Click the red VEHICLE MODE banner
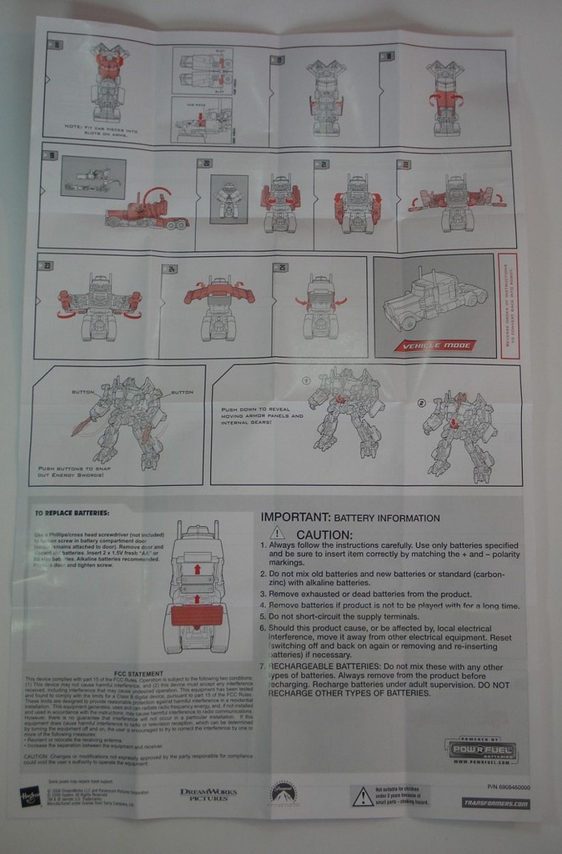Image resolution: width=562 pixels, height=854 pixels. point(449,344)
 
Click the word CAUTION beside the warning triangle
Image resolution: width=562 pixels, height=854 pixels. point(324,535)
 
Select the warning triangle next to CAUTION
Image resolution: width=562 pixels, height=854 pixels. point(278,533)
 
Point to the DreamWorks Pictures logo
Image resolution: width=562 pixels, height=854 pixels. point(208,794)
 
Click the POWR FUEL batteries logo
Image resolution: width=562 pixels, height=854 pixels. point(481,751)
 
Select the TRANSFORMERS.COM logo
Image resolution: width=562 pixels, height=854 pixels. point(495,803)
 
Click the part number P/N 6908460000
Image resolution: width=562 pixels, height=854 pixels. point(507,786)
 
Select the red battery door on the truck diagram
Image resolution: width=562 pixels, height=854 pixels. point(197,615)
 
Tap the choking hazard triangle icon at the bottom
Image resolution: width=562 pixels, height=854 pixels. point(362,797)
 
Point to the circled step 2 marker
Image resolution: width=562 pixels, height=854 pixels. point(421,402)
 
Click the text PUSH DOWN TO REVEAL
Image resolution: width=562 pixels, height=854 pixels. point(253,409)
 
